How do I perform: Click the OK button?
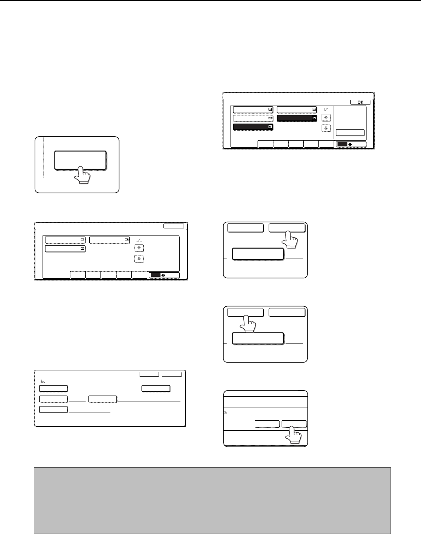360,102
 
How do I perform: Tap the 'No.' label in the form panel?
42,381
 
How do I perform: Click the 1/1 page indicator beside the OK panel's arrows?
326,110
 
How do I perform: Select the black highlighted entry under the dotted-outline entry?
253,127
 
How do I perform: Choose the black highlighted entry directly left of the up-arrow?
296,118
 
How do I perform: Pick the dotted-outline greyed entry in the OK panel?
253,118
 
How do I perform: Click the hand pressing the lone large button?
82,175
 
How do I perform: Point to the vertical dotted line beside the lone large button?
44,158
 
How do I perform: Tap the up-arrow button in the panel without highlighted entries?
139,248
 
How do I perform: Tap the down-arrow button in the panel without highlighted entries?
139,259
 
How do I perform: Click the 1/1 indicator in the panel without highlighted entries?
139,240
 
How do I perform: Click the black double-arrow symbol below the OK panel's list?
350,144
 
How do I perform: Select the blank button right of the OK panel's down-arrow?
350,132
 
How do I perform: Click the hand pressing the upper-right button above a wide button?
290,239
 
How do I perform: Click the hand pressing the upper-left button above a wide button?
248,324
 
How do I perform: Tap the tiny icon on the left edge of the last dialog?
225,413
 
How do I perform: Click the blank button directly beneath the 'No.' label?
53,388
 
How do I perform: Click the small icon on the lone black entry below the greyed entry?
270,126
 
